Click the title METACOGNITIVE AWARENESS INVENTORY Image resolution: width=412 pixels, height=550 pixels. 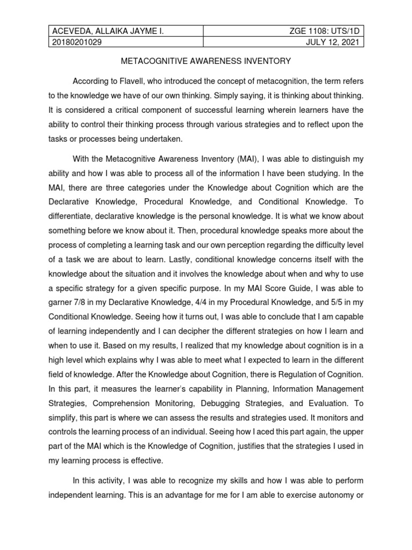click(x=205, y=61)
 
